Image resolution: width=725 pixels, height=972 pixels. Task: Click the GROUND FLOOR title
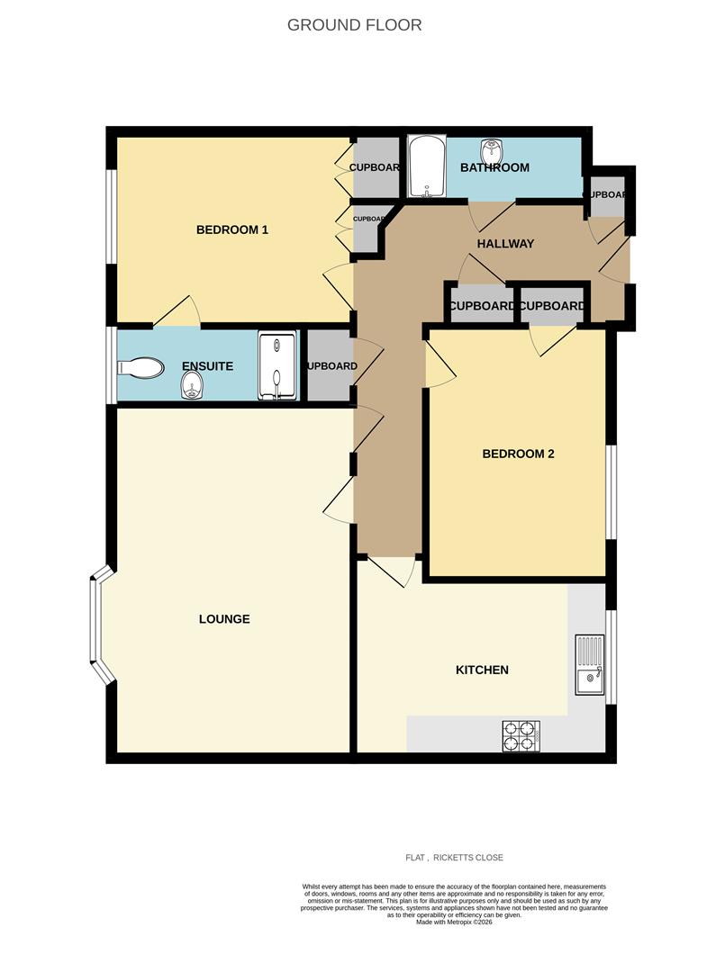354,25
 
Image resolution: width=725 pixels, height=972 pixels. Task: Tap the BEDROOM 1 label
232,229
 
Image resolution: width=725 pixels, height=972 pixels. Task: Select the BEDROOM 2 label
518,454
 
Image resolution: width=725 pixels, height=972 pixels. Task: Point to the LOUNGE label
224,619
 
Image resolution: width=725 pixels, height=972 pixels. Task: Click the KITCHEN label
482,670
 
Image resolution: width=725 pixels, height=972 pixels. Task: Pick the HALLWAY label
505,244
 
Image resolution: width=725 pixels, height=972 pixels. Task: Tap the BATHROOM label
494,167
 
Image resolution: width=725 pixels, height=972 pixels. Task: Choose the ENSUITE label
207,366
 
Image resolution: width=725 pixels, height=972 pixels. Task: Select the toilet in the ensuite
140,367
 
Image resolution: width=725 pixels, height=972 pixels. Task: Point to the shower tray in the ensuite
277,366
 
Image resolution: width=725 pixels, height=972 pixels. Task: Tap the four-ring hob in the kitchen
521,735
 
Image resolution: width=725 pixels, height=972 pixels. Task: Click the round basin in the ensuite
191,388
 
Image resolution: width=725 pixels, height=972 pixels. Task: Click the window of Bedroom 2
610,491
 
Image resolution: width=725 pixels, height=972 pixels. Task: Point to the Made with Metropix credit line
454,922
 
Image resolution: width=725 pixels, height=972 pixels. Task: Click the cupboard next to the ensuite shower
330,366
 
